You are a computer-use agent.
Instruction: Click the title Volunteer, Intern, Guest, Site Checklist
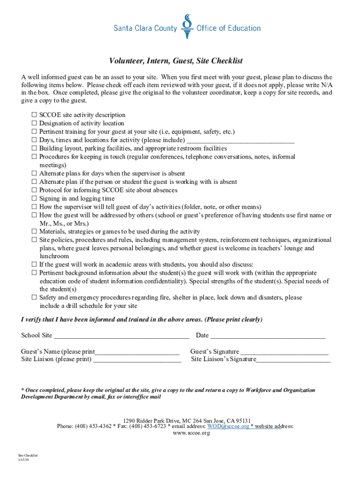click(176, 61)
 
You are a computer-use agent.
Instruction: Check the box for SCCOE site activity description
click(34, 115)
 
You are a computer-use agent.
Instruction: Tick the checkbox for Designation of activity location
click(34, 123)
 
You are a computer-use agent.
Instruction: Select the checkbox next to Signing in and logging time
click(34, 199)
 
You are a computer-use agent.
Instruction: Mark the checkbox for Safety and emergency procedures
click(34, 298)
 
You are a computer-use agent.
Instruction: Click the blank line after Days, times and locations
click(240, 140)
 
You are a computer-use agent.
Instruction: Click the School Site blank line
click(122, 335)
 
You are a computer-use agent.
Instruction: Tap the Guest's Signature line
click(284, 352)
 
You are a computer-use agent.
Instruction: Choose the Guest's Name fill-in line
click(137, 352)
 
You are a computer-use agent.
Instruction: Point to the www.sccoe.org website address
click(191, 433)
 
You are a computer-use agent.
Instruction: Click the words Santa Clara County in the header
click(145, 29)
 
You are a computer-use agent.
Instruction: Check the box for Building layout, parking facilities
click(34, 149)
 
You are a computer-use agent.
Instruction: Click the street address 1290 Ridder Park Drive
click(151, 420)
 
